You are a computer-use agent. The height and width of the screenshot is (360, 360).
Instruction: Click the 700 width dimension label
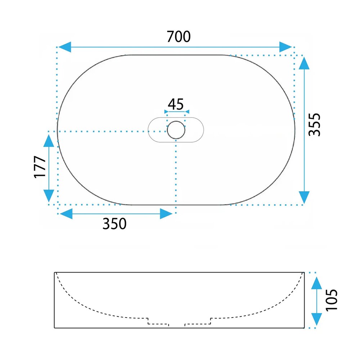[x=179, y=37]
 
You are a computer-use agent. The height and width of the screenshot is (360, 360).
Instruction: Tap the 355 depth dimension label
[x=314, y=125]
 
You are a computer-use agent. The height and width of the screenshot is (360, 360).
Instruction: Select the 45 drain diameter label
[x=176, y=104]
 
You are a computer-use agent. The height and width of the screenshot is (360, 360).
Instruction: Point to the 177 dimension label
[x=40, y=167]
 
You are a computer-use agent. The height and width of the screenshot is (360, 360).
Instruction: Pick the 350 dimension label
[x=114, y=224]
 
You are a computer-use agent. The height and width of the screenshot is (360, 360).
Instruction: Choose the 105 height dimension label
[x=332, y=300]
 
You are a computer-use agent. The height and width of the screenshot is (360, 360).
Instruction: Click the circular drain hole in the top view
[x=176, y=130]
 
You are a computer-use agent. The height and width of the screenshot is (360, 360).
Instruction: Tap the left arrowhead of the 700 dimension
[x=65, y=47]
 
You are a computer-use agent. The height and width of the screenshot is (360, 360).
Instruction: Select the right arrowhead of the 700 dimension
[x=285, y=47]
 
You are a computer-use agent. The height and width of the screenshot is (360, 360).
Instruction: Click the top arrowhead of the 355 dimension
[x=304, y=63]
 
